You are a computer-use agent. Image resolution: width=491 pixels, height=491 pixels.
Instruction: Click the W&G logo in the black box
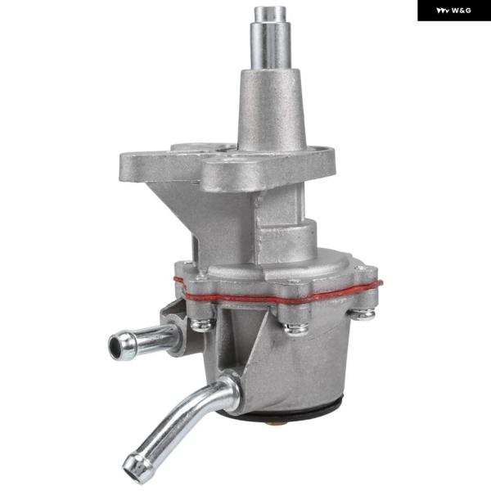coord(453,11)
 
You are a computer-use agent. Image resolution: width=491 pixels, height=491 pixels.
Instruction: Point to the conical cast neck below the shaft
coord(271,110)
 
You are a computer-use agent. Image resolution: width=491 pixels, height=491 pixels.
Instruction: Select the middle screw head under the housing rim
coord(295,328)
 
